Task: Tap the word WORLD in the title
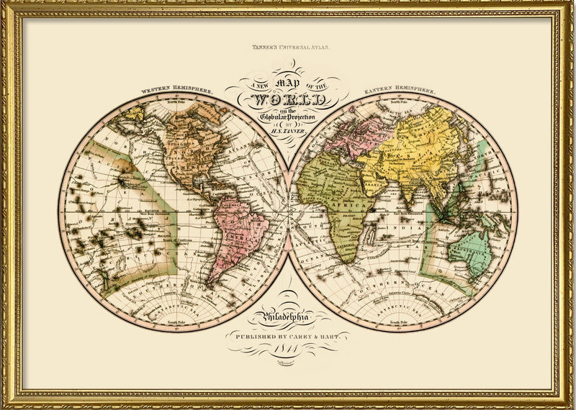pos(287,98)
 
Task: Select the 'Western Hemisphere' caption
pos(176,91)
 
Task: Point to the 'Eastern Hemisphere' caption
pos(400,91)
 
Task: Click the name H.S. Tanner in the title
pos(287,130)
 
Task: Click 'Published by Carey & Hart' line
pos(287,335)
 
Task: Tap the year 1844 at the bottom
pos(287,349)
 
